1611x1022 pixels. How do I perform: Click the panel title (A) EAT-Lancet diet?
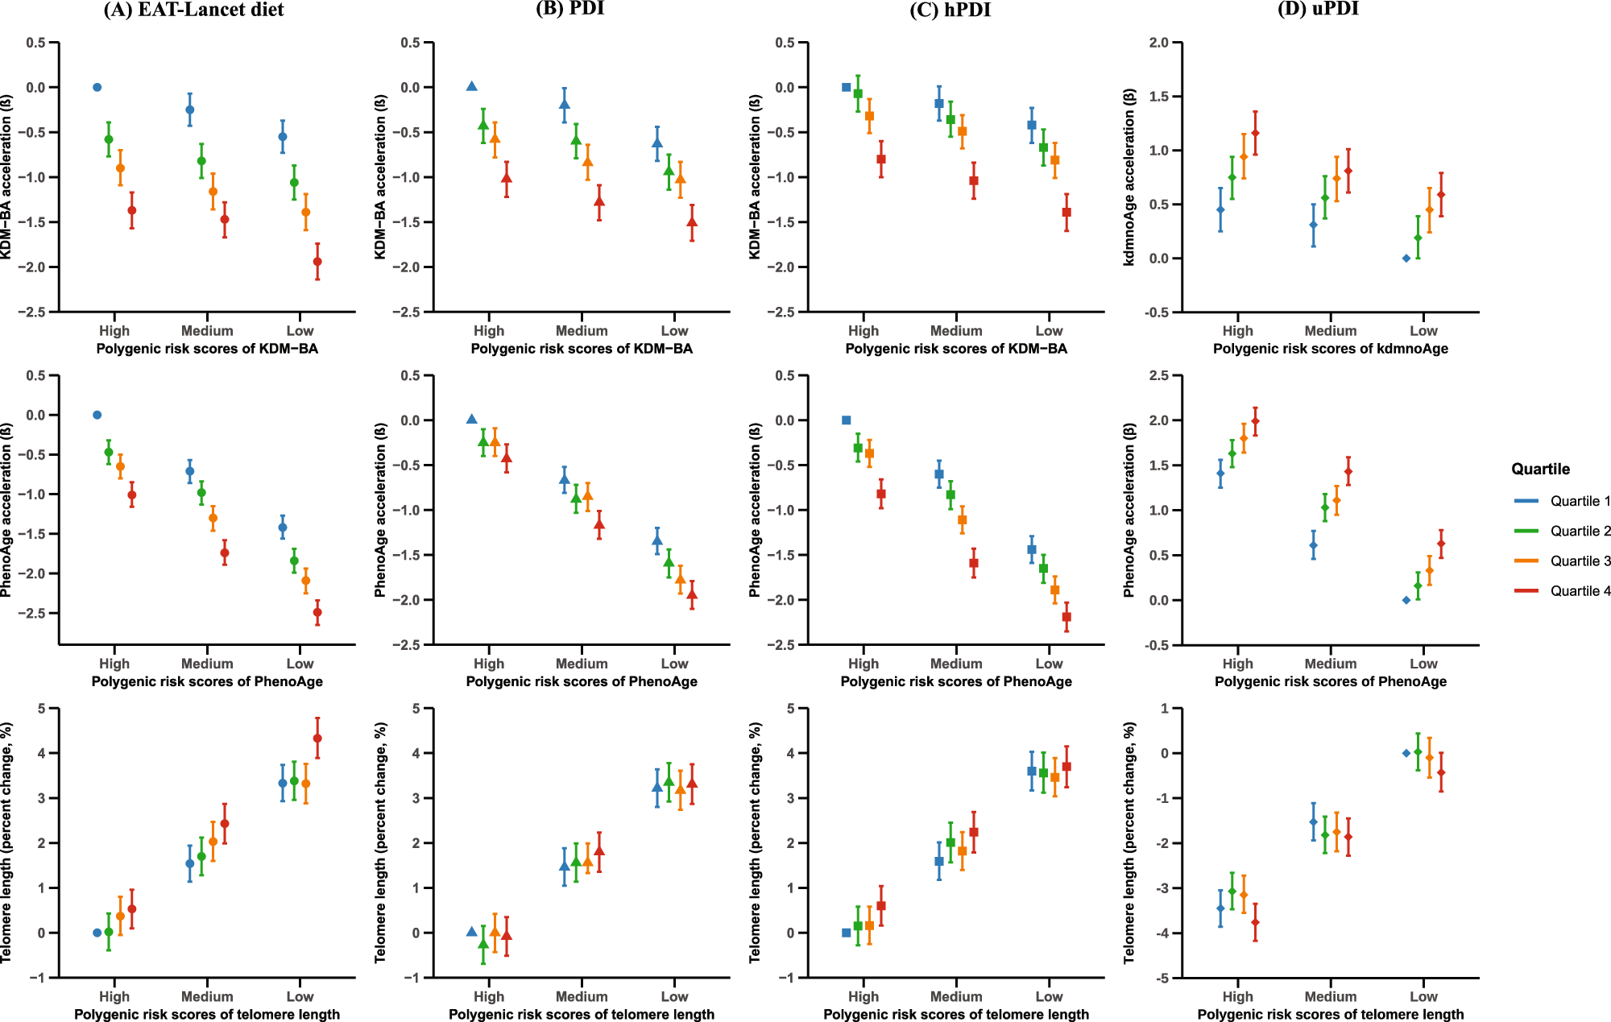click(193, 10)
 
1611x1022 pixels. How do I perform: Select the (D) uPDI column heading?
click(1318, 10)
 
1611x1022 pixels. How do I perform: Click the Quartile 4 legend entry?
click(1580, 591)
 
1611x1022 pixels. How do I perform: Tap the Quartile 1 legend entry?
click(1580, 501)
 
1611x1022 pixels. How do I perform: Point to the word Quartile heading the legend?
click(1540, 469)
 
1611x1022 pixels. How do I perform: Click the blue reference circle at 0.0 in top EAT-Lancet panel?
click(97, 87)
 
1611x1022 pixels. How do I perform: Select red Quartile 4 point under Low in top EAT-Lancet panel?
click(317, 262)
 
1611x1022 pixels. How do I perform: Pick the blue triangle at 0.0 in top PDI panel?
click(472, 86)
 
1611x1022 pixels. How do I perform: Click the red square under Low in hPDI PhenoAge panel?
click(1066, 617)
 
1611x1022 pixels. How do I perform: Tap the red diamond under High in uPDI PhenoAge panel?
click(1255, 421)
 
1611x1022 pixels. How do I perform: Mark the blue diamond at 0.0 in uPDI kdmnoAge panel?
click(1406, 259)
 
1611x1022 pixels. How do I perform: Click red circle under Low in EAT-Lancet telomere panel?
click(317, 739)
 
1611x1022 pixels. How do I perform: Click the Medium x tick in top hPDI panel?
click(956, 331)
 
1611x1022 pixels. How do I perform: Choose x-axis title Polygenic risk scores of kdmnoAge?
click(1331, 349)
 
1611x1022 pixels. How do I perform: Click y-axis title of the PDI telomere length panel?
click(381, 842)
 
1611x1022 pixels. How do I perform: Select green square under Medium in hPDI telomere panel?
click(950, 842)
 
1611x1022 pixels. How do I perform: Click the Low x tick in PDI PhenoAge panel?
click(674, 664)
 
